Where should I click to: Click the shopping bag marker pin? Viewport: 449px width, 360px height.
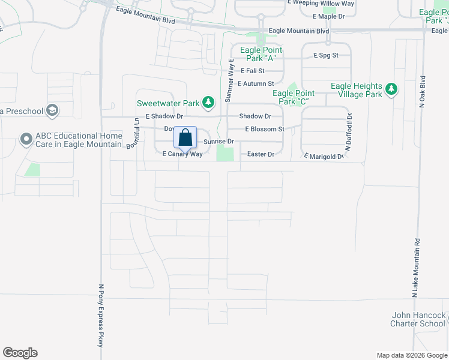185,137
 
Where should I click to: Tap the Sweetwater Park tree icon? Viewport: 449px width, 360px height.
208,103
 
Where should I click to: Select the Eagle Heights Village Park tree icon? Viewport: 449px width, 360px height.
391,89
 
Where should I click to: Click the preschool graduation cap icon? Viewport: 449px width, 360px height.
53,110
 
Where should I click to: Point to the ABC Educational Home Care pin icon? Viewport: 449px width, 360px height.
26,139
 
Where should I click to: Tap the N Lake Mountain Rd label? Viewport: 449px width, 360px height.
414,268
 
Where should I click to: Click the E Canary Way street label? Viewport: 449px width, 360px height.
183,154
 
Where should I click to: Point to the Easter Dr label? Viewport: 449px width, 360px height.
261,154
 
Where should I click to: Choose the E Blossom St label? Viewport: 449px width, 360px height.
264,129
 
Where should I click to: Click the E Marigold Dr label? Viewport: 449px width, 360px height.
324,157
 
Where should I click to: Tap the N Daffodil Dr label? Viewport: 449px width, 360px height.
348,132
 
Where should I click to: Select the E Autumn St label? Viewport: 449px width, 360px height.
256,83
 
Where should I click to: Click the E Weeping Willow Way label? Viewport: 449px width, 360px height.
321,3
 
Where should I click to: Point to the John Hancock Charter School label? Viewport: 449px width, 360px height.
418,319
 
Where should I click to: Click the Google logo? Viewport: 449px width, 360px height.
20,353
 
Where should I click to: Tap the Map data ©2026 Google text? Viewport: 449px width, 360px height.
411,355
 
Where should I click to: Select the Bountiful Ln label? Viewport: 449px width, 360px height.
137,133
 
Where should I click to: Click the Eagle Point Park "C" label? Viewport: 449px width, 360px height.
294,97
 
